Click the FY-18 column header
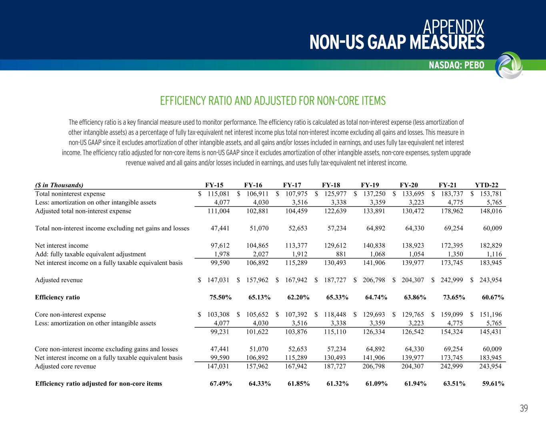coord(331,185)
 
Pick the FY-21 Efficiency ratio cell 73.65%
coord(454,297)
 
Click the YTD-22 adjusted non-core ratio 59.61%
coord(493,384)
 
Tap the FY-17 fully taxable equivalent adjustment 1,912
coord(299,254)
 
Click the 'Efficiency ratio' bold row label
coord(57,297)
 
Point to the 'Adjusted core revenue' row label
coord(66,366)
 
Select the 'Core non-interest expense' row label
coord(70,315)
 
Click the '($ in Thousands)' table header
coord(59,185)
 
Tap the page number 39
coord(524,409)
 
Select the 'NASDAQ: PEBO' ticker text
coord(456,65)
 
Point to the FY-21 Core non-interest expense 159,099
coord(451,315)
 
